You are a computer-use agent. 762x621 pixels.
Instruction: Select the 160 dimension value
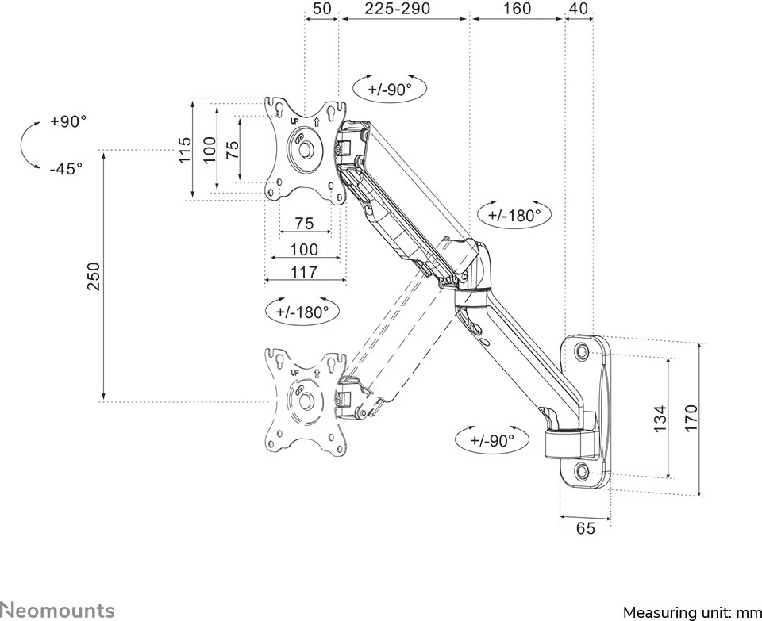click(517, 9)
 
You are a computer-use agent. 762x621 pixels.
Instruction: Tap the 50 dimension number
click(321, 9)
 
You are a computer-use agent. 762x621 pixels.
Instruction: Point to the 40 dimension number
click(579, 9)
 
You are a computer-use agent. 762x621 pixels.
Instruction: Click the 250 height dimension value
click(94, 276)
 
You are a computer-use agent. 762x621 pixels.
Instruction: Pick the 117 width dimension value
click(304, 272)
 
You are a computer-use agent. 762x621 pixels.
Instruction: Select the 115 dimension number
click(184, 149)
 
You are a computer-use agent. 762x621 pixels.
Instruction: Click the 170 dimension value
click(691, 419)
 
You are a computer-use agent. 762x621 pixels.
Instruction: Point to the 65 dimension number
click(585, 528)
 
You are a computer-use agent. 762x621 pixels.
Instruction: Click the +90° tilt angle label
click(67, 121)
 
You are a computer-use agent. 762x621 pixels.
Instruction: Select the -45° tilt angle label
click(66, 168)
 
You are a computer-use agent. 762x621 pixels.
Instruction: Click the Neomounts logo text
click(57, 609)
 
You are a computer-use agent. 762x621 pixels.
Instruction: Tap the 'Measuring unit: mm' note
click(691, 612)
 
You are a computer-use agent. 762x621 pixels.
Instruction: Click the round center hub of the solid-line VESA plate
click(304, 148)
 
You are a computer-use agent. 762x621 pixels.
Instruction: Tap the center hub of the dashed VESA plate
click(304, 401)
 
